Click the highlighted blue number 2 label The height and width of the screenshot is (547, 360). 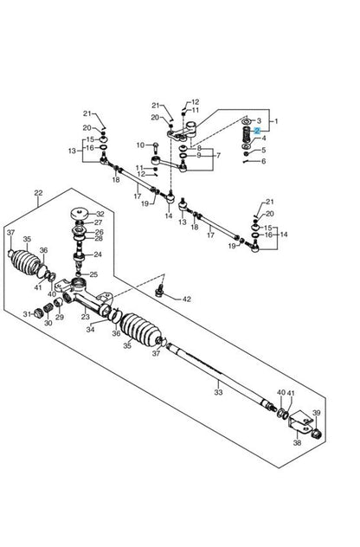pos(257,131)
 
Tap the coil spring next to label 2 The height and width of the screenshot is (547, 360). pos(247,133)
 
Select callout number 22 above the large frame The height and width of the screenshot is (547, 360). pos(38,192)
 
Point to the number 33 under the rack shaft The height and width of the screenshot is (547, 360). pos(218,392)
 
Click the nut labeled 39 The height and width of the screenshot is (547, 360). pos(316,434)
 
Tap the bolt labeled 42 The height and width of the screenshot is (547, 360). pos(160,291)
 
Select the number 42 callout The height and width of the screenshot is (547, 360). pos(187,299)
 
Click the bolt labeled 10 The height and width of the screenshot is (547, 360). pos(156,147)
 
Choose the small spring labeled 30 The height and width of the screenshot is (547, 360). pos(48,308)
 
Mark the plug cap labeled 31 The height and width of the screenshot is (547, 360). pos(37,313)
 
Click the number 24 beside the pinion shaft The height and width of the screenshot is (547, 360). pos(97,254)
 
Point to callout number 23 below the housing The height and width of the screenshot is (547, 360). pos(85,317)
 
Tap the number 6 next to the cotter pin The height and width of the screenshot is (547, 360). pos(263,161)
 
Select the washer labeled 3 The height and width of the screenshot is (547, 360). pos(246,121)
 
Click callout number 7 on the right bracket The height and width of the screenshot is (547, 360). pos(218,155)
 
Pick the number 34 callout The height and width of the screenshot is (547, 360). pos(90,329)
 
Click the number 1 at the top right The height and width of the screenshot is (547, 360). pos(276,121)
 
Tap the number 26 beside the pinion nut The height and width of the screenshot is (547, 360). pos(99,232)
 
